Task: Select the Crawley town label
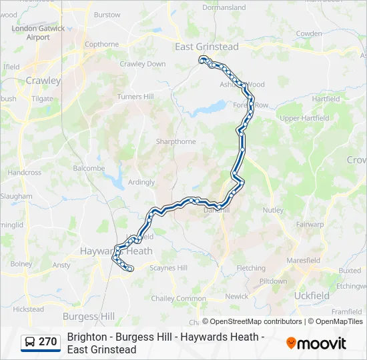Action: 43,81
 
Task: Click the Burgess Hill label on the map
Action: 88,316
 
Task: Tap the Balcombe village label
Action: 89,169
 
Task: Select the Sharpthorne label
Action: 175,142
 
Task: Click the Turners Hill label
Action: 135,97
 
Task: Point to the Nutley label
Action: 273,210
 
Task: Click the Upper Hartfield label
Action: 304,118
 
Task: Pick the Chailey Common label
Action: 179,299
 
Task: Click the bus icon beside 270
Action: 30,342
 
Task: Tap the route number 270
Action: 48,342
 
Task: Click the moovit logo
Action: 316,343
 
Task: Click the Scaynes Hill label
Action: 168,267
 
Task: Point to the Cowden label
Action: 308,33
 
